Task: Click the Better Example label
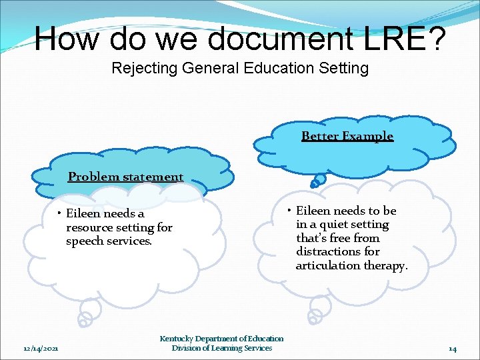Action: (x=347, y=137)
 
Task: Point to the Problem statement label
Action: (x=125, y=177)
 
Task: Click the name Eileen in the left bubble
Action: (x=83, y=214)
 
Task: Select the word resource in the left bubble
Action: (x=90, y=227)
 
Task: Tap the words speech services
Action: (x=109, y=241)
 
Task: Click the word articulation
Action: (x=328, y=265)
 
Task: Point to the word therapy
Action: (x=385, y=265)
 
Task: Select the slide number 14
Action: (x=453, y=348)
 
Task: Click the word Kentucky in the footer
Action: (x=177, y=339)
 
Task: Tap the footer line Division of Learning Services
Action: (x=222, y=348)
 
